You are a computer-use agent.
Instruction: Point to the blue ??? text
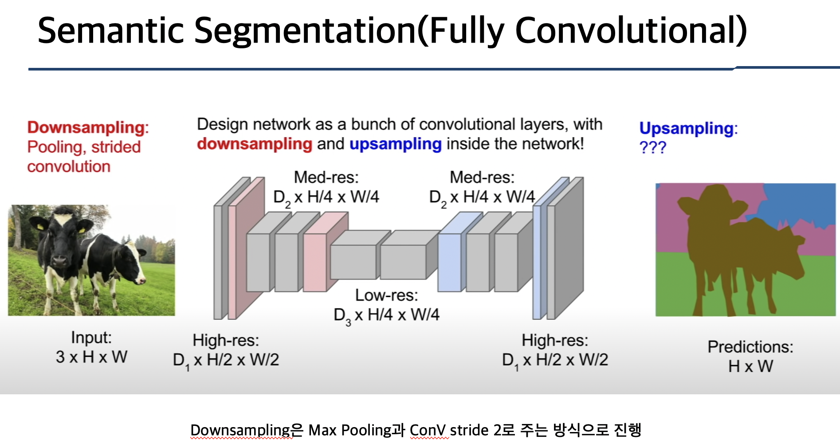652,147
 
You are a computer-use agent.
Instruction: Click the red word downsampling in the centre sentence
255,144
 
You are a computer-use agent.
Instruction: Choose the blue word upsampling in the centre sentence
395,144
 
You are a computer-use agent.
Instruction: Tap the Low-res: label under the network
386,295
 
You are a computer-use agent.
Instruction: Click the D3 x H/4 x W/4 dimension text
386,315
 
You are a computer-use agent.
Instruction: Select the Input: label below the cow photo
91,338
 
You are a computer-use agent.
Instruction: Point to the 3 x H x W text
91,357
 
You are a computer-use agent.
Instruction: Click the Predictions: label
750,347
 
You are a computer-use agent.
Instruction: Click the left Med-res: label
326,177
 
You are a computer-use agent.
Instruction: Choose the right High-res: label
554,340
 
